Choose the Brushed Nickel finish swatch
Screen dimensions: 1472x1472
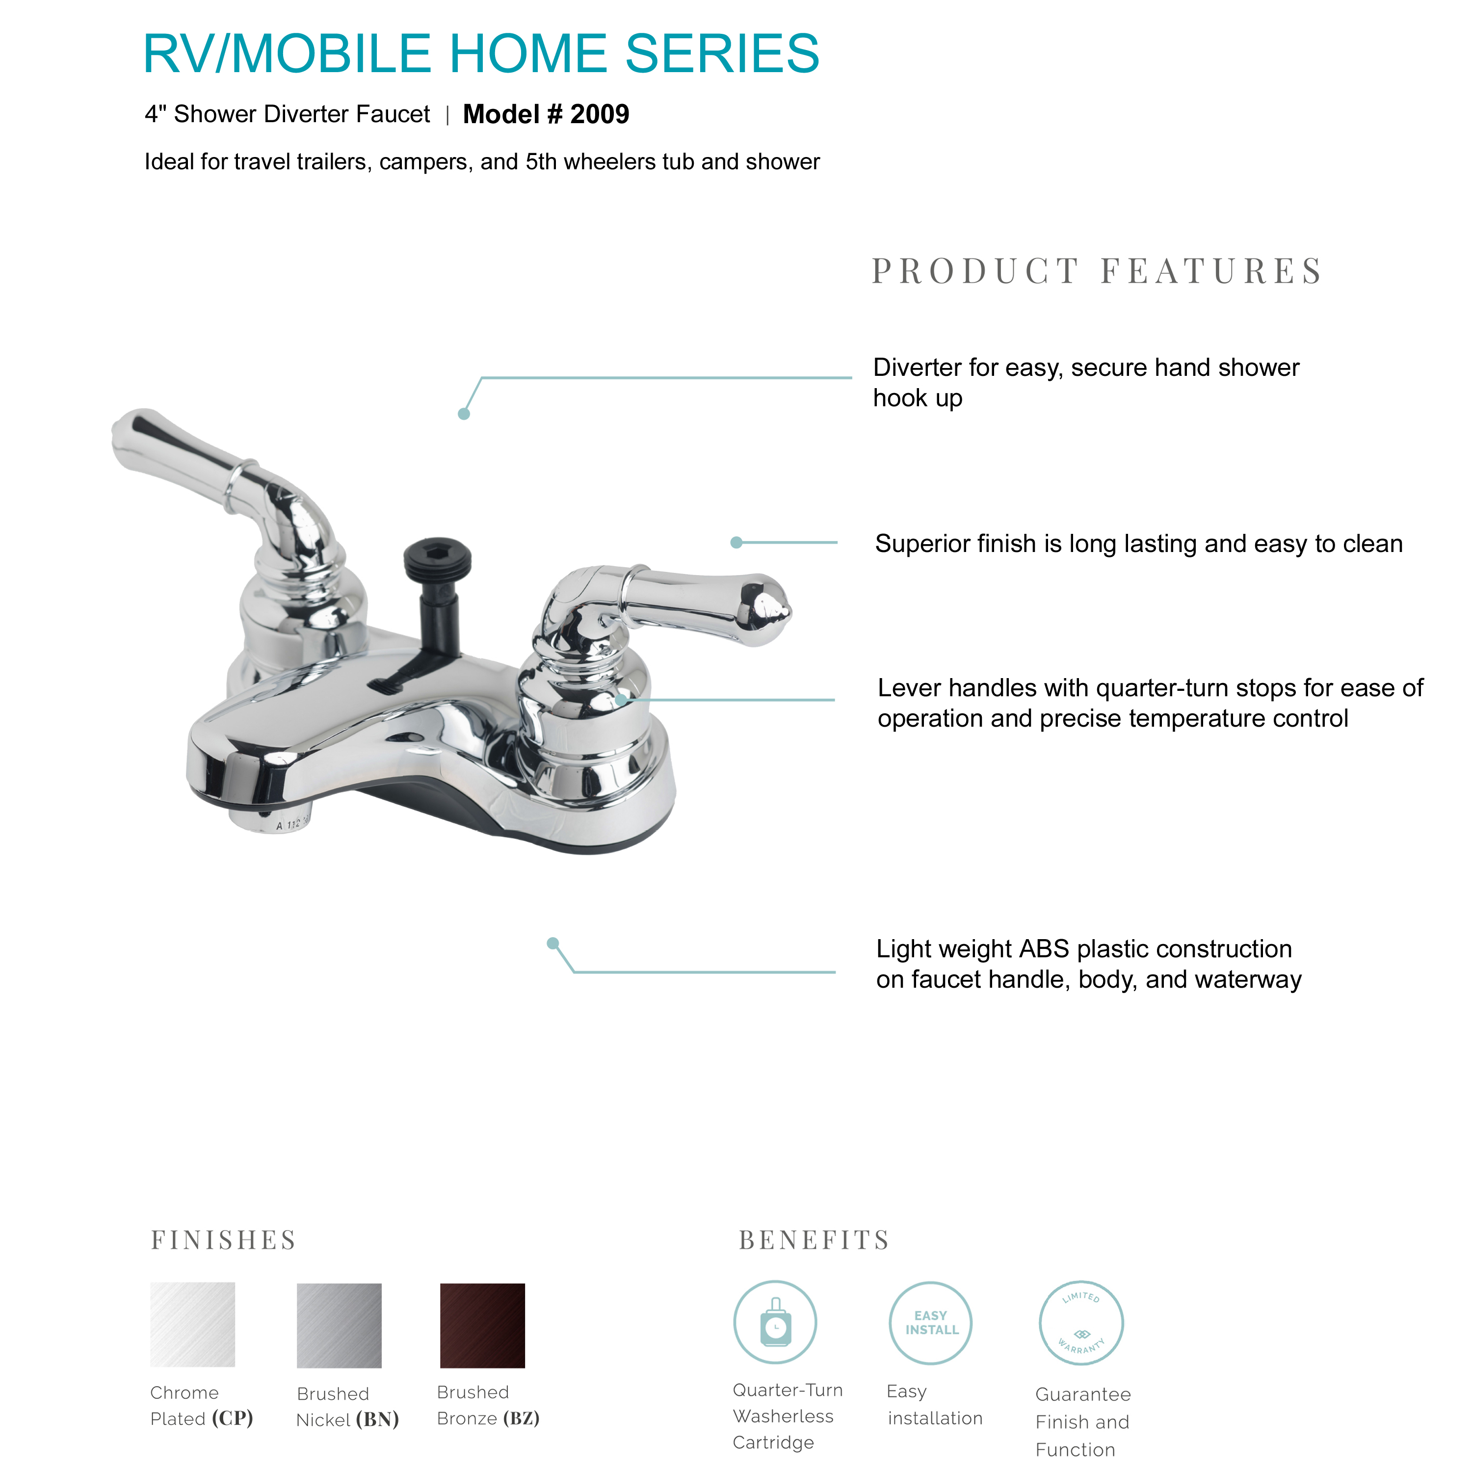[x=339, y=1325]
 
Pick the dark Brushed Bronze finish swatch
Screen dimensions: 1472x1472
[x=482, y=1325]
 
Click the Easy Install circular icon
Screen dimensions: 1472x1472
[x=930, y=1323]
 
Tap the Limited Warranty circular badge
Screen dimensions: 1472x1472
[x=1080, y=1323]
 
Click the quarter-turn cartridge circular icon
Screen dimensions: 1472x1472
[x=775, y=1323]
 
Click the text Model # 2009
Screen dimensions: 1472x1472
[x=546, y=114]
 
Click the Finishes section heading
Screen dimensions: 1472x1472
[x=223, y=1240]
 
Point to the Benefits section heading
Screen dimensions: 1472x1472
[x=814, y=1240]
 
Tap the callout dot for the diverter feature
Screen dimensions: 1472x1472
[x=463, y=414]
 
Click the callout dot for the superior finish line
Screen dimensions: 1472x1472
[x=736, y=543]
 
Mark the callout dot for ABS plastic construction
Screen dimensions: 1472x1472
[x=553, y=943]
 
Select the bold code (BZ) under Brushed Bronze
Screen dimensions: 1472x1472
[x=521, y=1418]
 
